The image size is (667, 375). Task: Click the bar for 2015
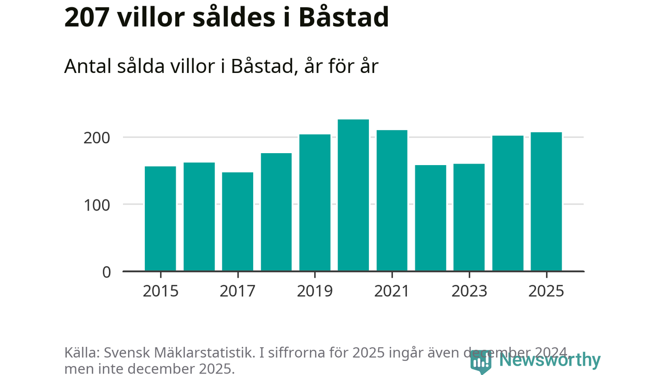pyautogui.click(x=160, y=219)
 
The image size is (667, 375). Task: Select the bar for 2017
pyautogui.click(x=238, y=221)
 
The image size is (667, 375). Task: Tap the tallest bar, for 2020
pyautogui.click(x=353, y=195)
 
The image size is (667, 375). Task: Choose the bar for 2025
pyautogui.click(x=546, y=202)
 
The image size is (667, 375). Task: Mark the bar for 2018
pyautogui.click(x=276, y=212)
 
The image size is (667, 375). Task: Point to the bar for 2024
pyautogui.click(x=508, y=203)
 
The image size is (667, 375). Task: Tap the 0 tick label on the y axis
pyautogui.click(x=106, y=272)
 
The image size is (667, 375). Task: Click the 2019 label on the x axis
pyautogui.click(x=315, y=291)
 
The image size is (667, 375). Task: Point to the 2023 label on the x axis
pyautogui.click(x=469, y=291)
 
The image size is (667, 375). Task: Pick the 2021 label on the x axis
pyautogui.click(x=392, y=291)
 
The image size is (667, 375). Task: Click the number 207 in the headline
pyautogui.click(x=86, y=18)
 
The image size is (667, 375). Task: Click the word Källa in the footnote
pyautogui.click(x=81, y=353)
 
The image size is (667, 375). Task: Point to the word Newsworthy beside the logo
pyautogui.click(x=549, y=360)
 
